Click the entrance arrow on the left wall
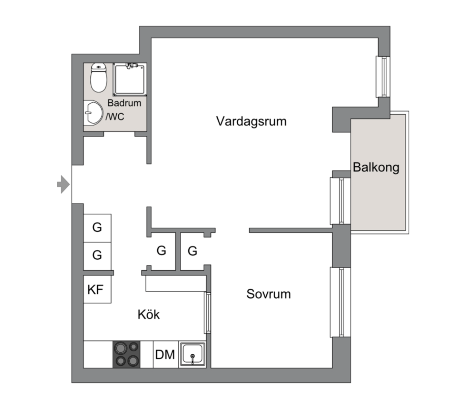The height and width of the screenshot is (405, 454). [x=63, y=184]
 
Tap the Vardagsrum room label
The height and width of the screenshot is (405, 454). [x=251, y=122]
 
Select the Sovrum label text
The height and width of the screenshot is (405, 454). [x=268, y=294]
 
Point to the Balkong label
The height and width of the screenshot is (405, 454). [x=376, y=167]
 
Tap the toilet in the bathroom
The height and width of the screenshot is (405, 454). [x=99, y=77]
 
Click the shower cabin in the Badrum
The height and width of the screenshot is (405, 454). [x=130, y=80]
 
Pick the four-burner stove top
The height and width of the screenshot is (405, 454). [x=126, y=354]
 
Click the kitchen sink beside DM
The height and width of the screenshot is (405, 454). [x=192, y=354]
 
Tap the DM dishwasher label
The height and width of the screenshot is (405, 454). [x=165, y=355]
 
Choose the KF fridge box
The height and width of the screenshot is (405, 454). [x=97, y=289]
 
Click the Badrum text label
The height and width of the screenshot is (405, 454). [x=125, y=103]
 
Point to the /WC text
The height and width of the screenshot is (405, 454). [x=115, y=117]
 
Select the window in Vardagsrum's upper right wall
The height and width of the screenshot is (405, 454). [x=383, y=77]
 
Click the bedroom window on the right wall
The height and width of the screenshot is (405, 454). [x=340, y=302]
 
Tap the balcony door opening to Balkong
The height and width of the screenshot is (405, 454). [x=340, y=201]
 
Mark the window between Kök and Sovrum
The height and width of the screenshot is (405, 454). [x=207, y=313]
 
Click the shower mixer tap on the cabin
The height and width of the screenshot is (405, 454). [x=131, y=65]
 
